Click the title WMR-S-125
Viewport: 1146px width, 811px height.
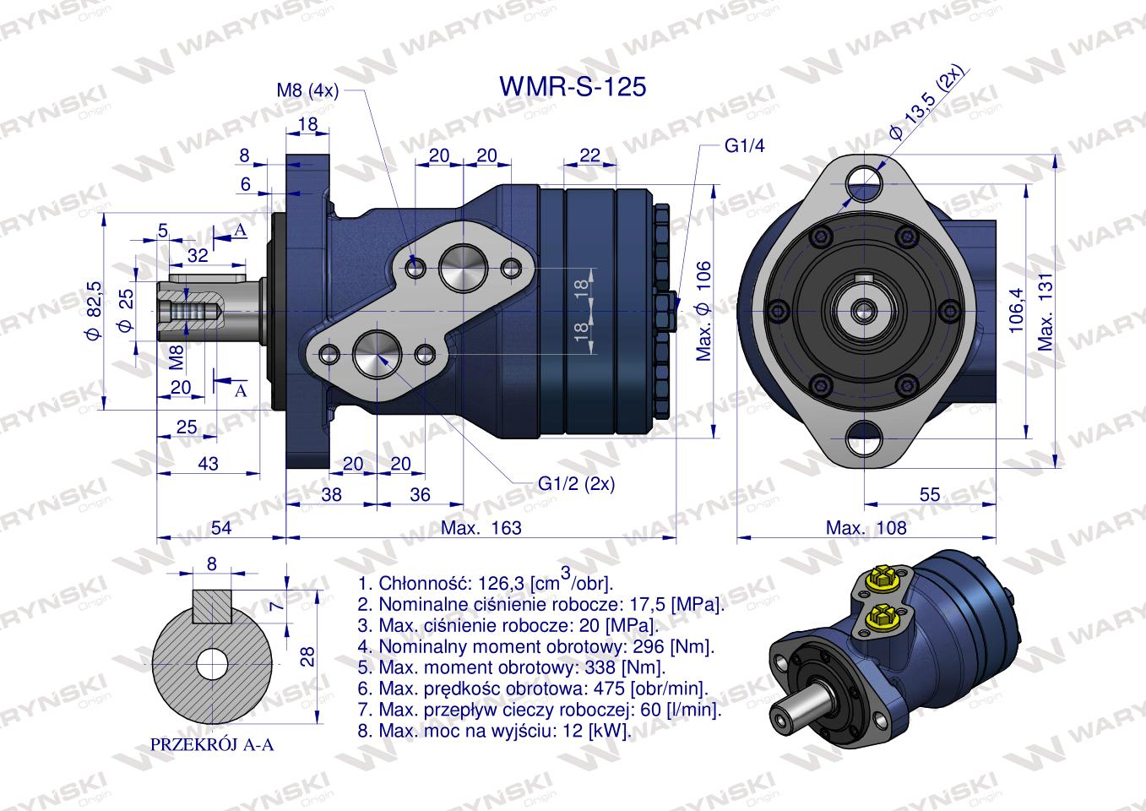[x=573, y=87]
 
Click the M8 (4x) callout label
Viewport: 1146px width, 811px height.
[x=307, y=91]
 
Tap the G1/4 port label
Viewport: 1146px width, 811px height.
[x=744, y=146]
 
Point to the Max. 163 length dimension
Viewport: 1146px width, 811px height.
[x=481, y=528]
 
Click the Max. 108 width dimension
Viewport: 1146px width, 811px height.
[x=866, y=528]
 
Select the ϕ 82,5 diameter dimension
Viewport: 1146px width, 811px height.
[x=93, y=311]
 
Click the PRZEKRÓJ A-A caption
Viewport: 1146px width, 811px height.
[x=212, y=745]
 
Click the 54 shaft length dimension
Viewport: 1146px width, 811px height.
[x=221, y=528]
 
